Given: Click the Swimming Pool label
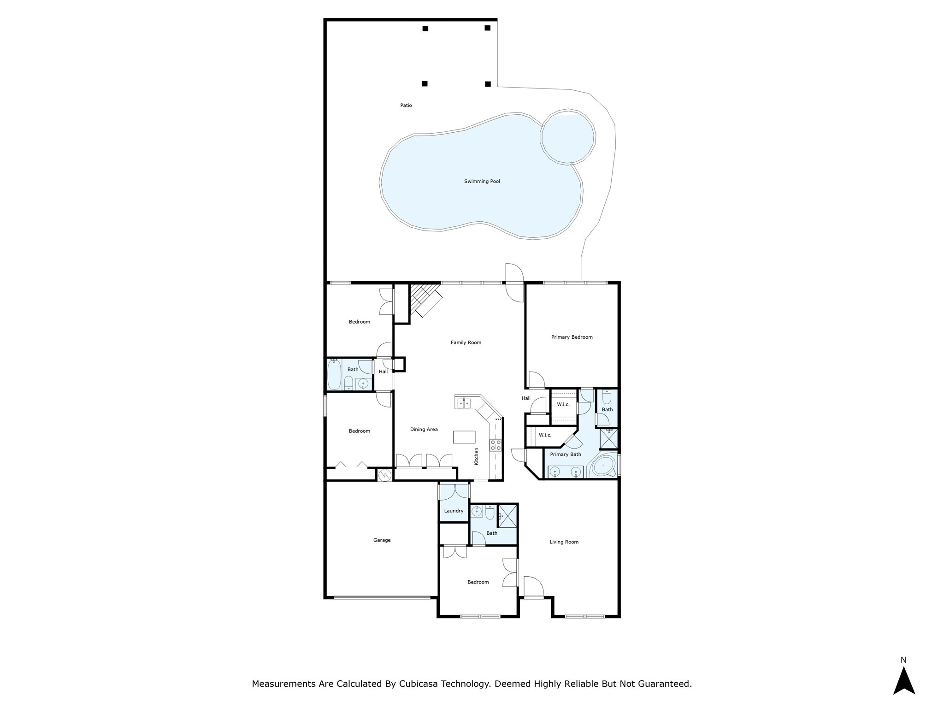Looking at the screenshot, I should pyautogui.click(x=482, y=182).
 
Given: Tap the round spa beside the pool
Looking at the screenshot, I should pyautogui.click(x=568, y=136).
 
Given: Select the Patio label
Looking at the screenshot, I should pyautogui.click(x=406, y=106).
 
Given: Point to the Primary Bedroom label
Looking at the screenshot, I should pyautogui.click(x=572, y=337).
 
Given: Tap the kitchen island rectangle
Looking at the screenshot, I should pyautogui.click(x=464, y=437).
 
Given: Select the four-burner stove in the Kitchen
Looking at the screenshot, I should pyautogui.click(x=496, y=445).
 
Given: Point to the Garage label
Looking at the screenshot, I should pyautogui.click(x=382, y=540).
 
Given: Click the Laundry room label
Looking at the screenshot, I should pyautogui.click(x=454, y=511).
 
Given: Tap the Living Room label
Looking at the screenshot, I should pyautogui.click(x=564, y=542).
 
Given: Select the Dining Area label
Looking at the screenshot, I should pyautogui.click(x=424, y=430).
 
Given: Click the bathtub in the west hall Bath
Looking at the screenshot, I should pyautogui.click(x=334, y=375).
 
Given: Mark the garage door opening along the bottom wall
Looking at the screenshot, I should pyautogui.click(x=382, y=598).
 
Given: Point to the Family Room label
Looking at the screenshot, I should pyautogui.click(x=466, y=343).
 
